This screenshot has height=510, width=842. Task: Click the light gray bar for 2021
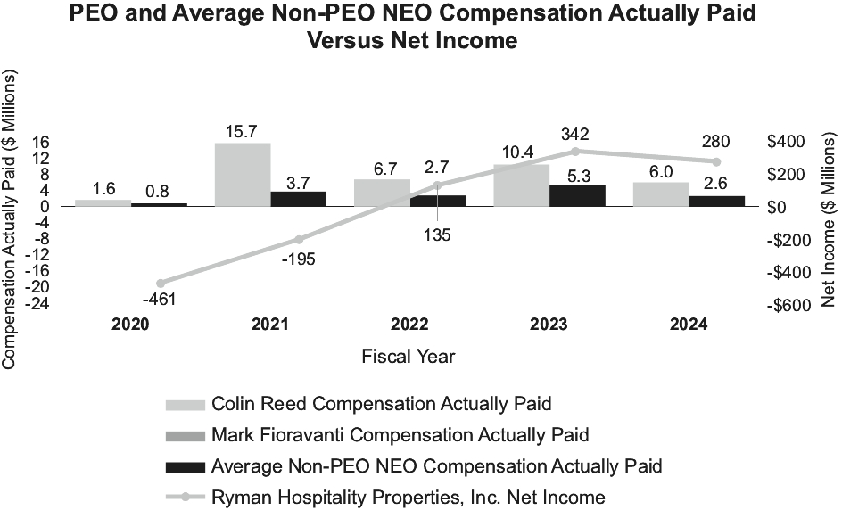(243, 175)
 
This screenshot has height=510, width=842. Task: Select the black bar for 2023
(577, 196)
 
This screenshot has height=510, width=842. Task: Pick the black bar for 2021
(299, 199)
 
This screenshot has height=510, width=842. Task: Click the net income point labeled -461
(160, 283)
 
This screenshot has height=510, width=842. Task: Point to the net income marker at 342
(575, 152)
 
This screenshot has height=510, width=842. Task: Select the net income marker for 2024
(716, 161)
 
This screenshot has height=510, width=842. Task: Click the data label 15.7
(244, 131)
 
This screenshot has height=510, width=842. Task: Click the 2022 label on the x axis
(409, 325)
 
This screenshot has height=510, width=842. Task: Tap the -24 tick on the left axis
(37, 303)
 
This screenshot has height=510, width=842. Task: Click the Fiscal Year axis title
(409, 357)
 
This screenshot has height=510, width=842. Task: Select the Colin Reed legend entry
(381, 404)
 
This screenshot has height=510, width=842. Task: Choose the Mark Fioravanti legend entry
(400, 435)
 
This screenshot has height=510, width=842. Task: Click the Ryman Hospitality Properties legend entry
(408, 498)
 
